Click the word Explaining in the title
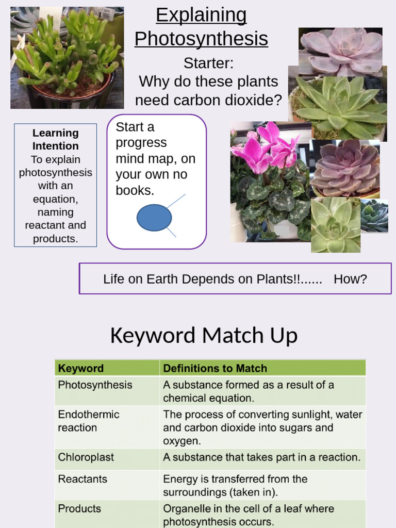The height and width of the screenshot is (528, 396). point(201,15)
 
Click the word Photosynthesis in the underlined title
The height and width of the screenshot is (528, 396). point(201,39)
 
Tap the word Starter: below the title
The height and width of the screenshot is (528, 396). point(208,63)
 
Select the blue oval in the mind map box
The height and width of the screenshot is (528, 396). point(154,218)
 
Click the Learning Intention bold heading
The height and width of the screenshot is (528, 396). point(55,139)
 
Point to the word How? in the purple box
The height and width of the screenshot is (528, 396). point(350,279)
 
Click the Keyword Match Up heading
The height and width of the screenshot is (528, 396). point(204,336)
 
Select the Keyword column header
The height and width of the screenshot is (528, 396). point(81,368)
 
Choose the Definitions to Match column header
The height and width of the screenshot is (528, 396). point(215,368)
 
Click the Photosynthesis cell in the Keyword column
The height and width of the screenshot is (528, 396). point(95,385)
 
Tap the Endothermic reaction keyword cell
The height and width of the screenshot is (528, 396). point(88,421)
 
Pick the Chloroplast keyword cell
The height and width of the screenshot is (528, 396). point(86,457)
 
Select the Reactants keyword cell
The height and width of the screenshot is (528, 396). point(82,479)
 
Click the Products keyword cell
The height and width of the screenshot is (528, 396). point(79,508)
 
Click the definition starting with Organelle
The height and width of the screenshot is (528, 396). point(249,515)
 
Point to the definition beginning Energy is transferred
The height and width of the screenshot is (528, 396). point(235,485)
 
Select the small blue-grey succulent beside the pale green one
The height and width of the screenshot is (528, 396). point(374,216)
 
